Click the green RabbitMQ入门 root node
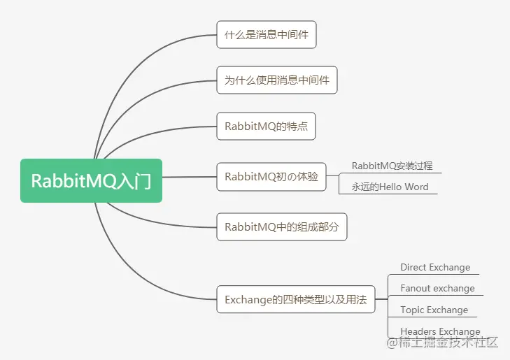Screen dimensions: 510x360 pyautogui.click(x=91, y=180)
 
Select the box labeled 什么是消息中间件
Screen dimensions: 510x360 pyautogui.click(x=267, y=34)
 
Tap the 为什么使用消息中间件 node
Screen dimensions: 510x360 pyautogui.click(x=277, y=80)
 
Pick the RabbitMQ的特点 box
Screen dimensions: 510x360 pyautogui.click(x=266, y=126)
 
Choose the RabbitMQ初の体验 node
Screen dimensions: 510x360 pyautogui.click(x=271, y=177)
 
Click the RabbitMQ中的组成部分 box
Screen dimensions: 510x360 pyautogui.click(x=282, y=226)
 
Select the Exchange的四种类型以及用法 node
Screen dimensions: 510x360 pyautogui.click(x=296, y=299)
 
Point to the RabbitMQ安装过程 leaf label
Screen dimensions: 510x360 pyautogui.click(x=392, y=166)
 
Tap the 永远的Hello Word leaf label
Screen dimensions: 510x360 pyautogui.click(x=390, y=187)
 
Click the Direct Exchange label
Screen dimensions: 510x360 pyautogui.click(x=435, y=268)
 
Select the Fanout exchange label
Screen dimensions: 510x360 pyautogui.click(x=437, y=289)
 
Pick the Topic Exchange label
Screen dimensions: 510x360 pyautogui.click(x=434, y=310)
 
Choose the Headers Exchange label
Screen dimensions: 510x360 pyautogui.click(x=441, y=331)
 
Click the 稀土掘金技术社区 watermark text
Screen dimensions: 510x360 pyautogui.click(x=448, y=343)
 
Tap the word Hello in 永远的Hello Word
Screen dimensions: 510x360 pyautogui.click(x=390, y=187)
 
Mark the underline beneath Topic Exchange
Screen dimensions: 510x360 pyautogui.click(x=432, y=317)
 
